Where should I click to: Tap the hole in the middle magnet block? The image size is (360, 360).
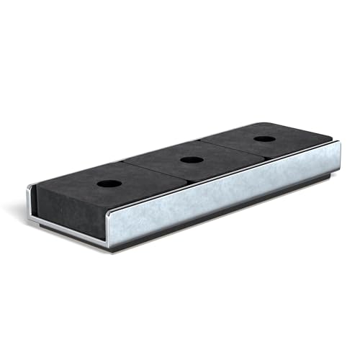pyautogui.click(x=190, y=159)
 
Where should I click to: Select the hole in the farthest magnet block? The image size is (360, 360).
pyautogui.click(x=264, y=138)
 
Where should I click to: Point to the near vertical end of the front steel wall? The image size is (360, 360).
pyautogui.click(x=114, y=227)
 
